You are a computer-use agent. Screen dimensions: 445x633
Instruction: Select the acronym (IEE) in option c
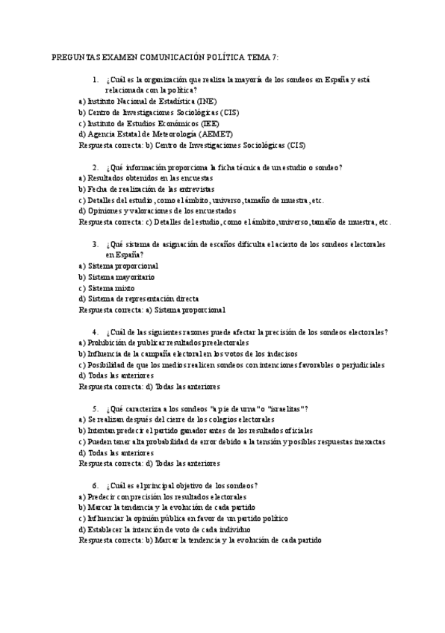pos(209,123)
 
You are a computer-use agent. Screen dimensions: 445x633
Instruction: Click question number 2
pos(96,167)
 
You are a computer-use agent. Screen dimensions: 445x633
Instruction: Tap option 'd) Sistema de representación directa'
pos(139,299)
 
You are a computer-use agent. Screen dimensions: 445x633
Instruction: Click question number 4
pos(96,331)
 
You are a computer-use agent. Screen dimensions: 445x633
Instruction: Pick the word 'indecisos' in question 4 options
pos(281,354)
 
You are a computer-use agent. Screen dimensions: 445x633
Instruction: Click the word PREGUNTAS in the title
pos(74,57)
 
